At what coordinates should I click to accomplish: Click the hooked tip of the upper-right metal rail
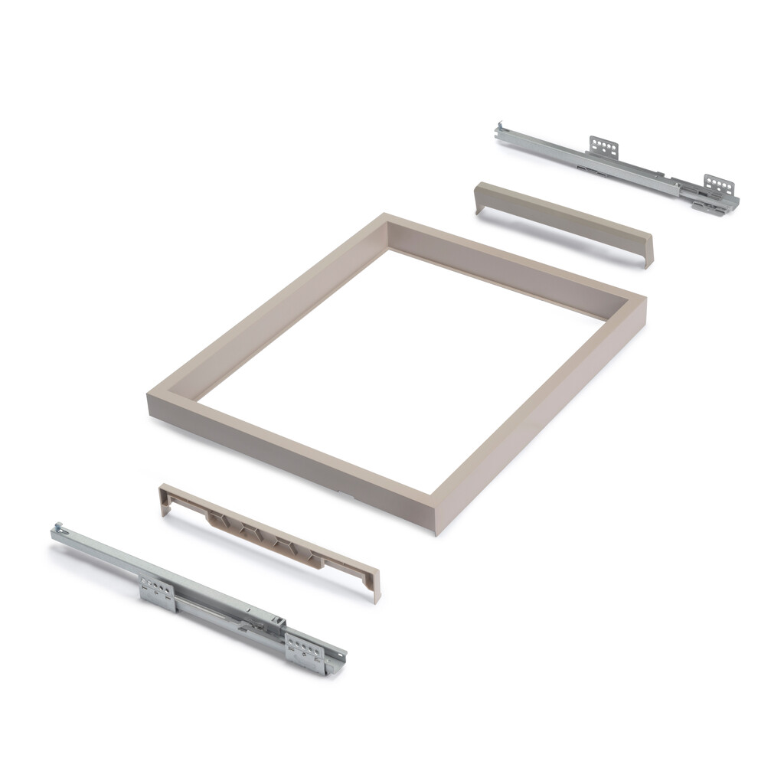(500, 129)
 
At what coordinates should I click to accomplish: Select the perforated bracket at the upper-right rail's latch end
(719, 185)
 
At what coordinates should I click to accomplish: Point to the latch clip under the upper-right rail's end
(707, 206)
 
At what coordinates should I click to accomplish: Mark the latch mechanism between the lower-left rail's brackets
(253, 619)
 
